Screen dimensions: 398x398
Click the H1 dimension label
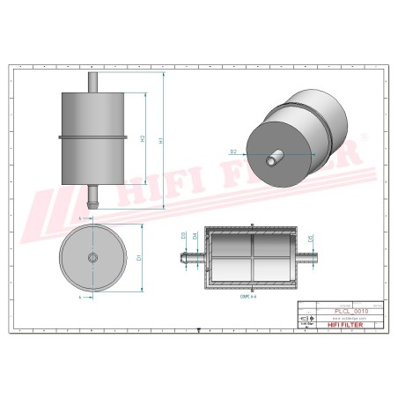159,141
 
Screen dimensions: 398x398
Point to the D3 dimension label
183,236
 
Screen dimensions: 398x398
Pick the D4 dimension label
195,236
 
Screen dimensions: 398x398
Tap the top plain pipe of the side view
92,80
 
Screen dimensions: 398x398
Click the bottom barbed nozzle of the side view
92,195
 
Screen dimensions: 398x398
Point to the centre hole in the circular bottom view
92,257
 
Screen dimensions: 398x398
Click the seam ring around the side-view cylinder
92,136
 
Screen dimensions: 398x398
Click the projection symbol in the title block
304,319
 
